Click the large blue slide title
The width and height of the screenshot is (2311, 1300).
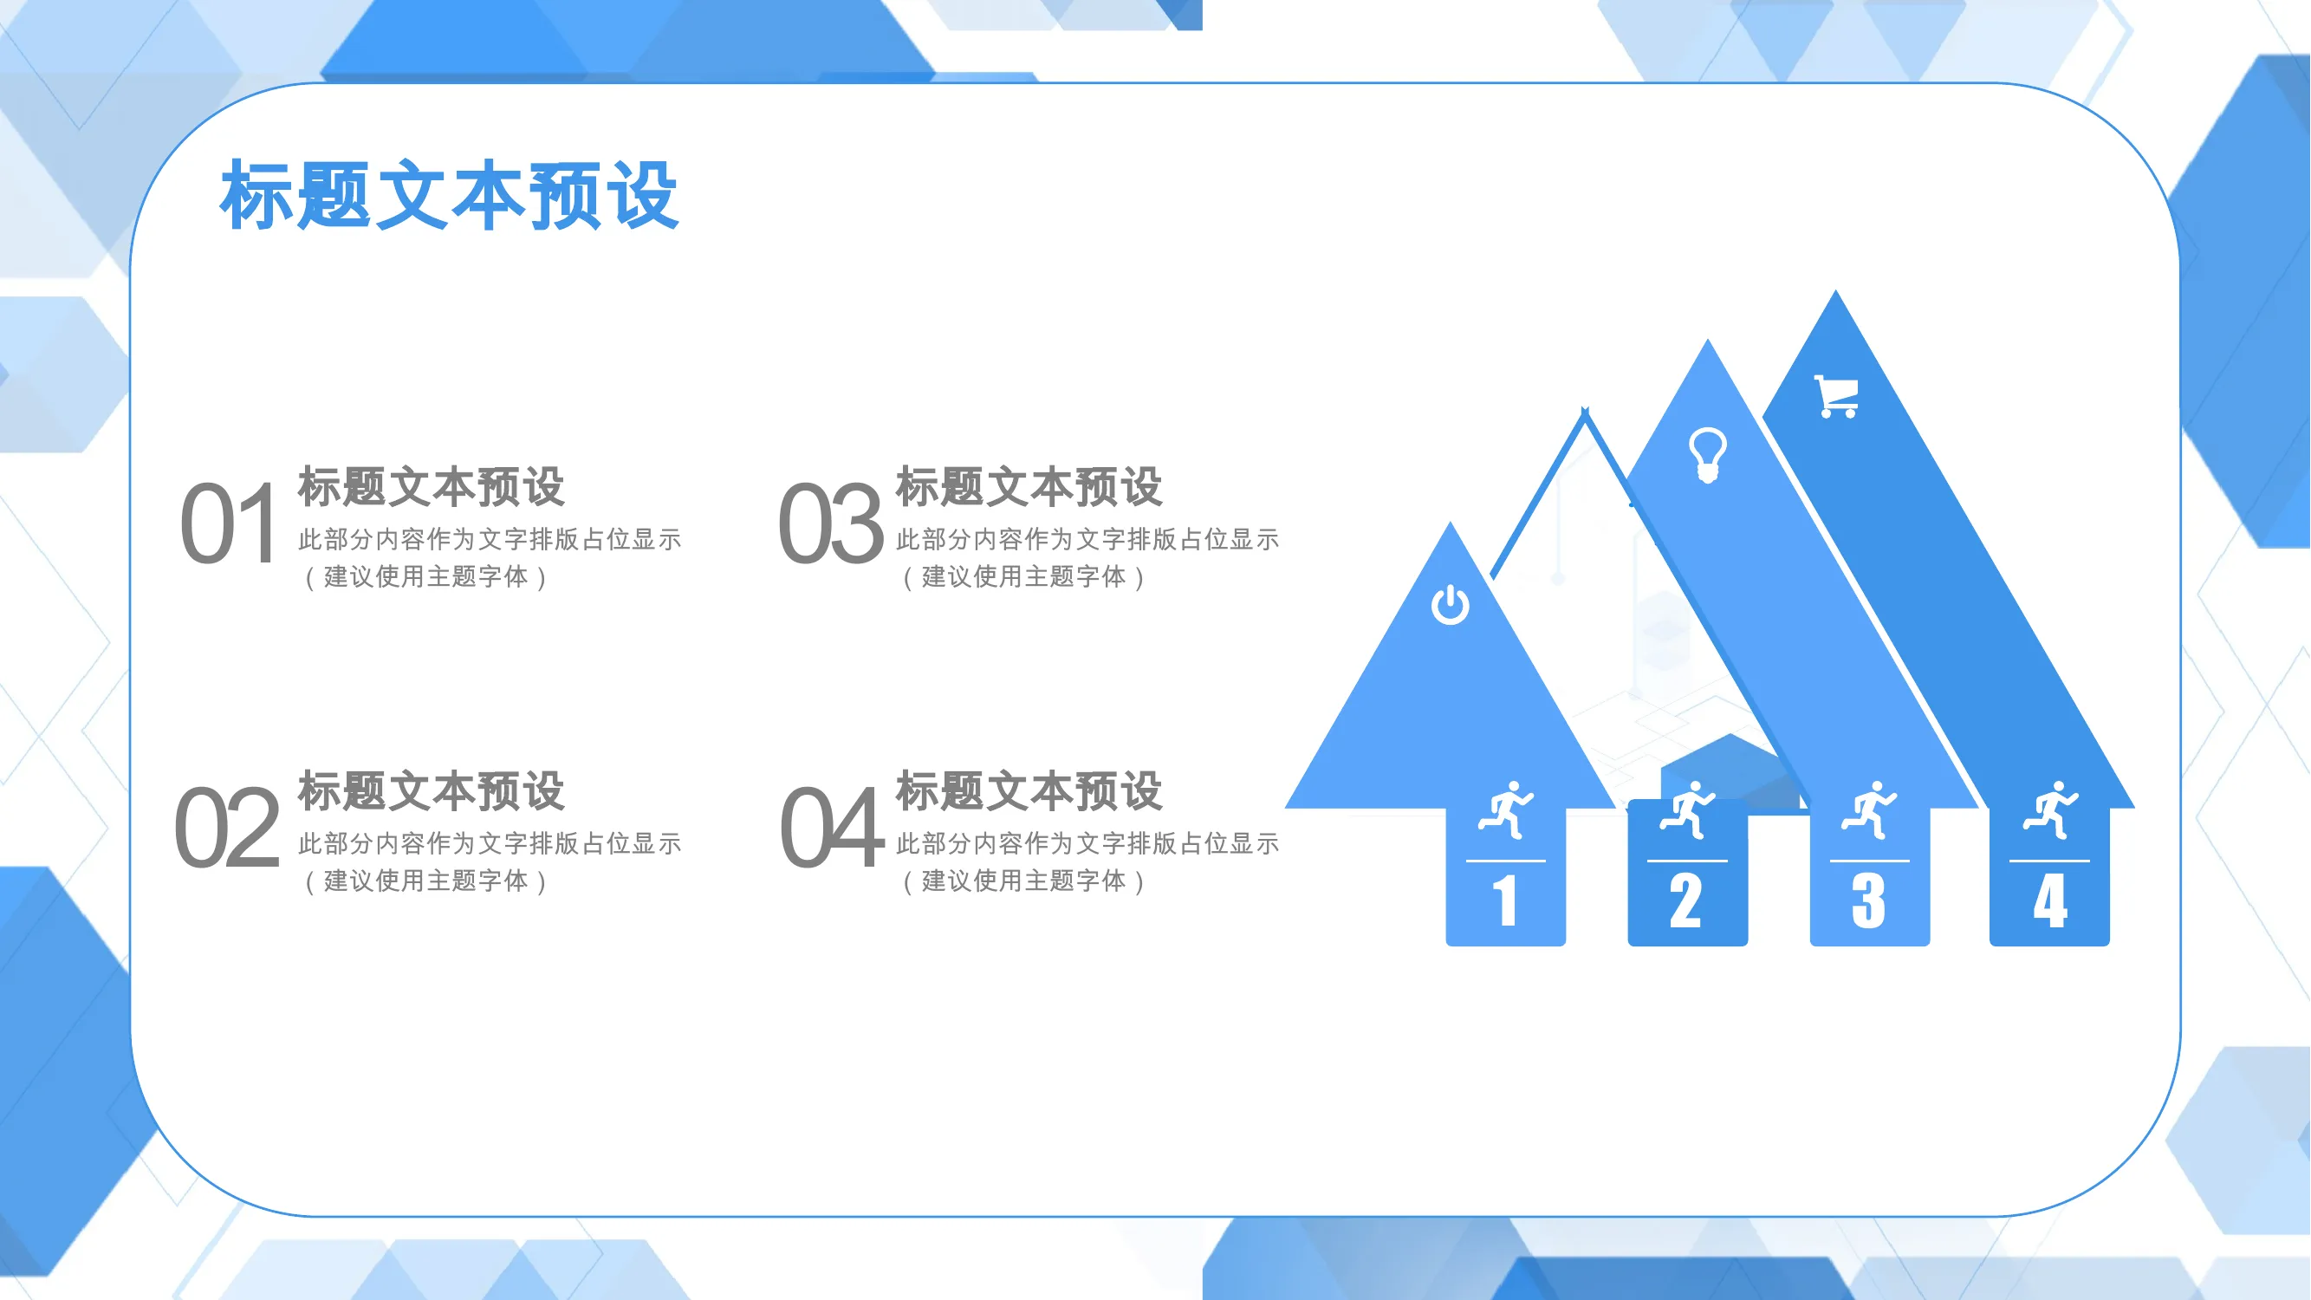coord(449,196)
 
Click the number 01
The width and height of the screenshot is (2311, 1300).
coord(229,524)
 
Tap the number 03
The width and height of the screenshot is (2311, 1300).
coord(831,524)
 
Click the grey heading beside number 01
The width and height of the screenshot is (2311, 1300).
coord(431,486)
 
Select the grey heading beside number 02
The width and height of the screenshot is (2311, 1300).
coord(431,790)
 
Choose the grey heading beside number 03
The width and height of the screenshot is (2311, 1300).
coord(1029,486)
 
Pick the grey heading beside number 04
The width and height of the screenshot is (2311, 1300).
coord(1029,790)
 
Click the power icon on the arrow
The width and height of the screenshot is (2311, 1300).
coord(1450,604)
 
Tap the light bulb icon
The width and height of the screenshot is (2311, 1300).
coord(1707,455)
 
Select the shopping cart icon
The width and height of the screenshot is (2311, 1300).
coord(1836,397)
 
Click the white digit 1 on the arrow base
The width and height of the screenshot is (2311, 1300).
coord(1505,900)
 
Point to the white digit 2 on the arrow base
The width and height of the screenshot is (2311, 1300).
coord(1685,900)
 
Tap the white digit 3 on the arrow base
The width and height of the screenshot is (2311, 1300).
coord(1869,900)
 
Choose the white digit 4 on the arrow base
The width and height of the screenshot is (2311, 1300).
coord(2051,900)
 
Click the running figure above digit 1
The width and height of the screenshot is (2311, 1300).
coord(1506,810)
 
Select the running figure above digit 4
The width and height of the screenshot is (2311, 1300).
coord(2051,810)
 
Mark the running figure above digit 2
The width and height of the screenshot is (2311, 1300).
coord(1687,810)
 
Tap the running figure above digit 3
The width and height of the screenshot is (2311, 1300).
coord(1870,810)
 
